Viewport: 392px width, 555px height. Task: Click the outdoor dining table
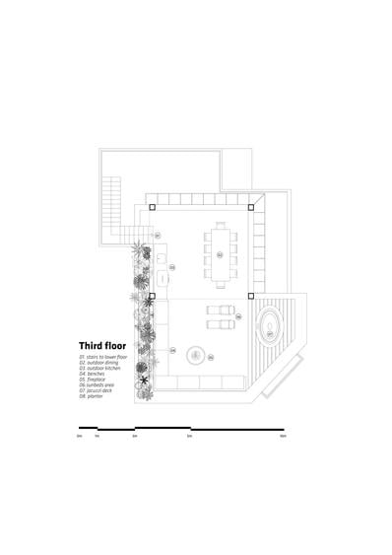click(221, 251)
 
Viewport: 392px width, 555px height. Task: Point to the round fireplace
click(195, 355)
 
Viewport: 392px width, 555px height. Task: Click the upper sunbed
click(221, 311)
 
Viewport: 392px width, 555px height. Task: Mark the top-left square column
click(152, 208)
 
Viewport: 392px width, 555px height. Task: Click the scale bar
click(181, 429)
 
